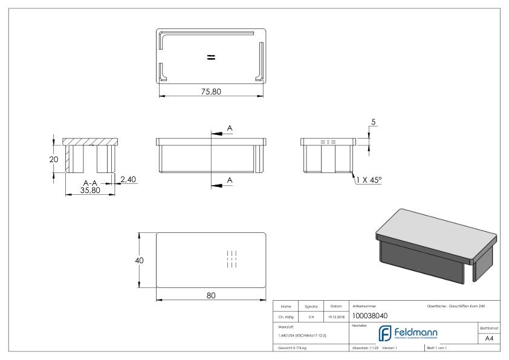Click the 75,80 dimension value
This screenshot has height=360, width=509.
click(x=212, y=91)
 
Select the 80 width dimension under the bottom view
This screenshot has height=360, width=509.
click(x=211, y=295)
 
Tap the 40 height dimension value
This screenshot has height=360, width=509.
click(x=138, y=260)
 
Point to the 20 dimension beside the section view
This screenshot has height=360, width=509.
click(x=54, y=159)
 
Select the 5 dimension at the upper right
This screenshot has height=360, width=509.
click(x=373, y=122)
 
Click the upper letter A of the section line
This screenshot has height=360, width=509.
click(x=229, y=128)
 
